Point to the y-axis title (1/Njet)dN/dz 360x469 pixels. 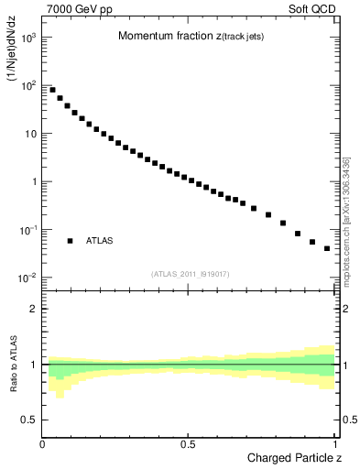(x=13, y=59)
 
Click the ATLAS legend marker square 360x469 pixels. (x=70, y=241)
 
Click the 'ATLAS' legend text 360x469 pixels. (x=100, y=241)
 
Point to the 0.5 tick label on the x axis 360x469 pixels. (x=188, y=443)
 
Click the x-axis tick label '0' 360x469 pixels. (x=42, y=443)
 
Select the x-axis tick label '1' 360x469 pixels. (x=335, y=443)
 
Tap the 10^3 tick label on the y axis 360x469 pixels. (x=28, y=38)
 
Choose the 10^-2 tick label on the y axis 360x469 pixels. (x=28, y=278)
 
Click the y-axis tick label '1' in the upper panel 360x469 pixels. (x=33, y=181)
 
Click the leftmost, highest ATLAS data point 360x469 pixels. (x=52, y=90)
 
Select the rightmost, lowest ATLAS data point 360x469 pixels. (x=327, y=248)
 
